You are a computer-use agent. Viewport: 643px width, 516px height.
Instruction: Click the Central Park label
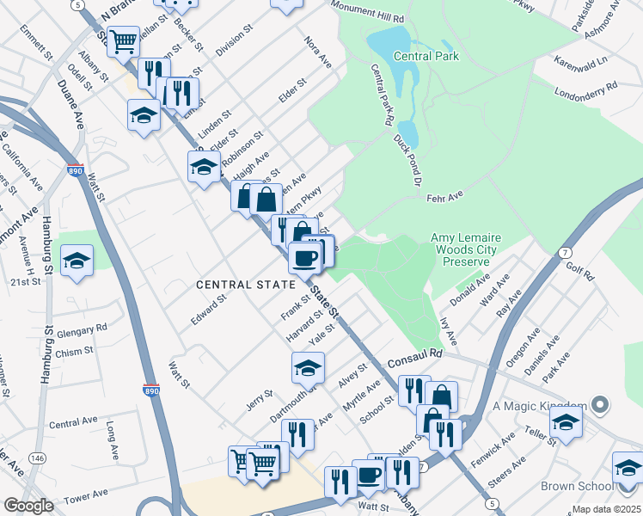click(x=426, y=57)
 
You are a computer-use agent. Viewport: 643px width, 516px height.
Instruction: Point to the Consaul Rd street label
click(x=414, y=353)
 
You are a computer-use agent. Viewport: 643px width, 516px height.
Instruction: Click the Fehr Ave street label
click(x=444, y=197)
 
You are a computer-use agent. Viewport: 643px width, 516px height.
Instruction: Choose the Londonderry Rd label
click(x=586, y=88)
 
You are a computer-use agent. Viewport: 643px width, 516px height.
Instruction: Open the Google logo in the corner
click(x=28, y=506)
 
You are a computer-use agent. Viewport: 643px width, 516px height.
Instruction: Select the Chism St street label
click(x=75, y=352)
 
